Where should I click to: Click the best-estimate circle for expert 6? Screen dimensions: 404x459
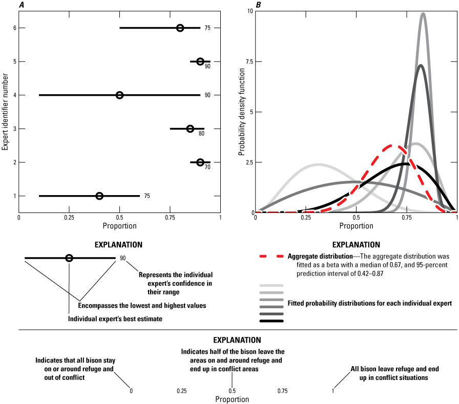pyautogui.click(x=180, y=28)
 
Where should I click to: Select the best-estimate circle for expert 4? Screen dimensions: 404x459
pyautogui.click(x=119, y=95)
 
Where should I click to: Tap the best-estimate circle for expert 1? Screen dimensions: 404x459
pyautogui.click(x=99, y=196)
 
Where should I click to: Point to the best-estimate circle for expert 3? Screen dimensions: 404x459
pyautogui.click(x=190, y=129)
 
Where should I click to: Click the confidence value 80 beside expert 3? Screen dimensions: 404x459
pyautogui.click(x=201, y=134)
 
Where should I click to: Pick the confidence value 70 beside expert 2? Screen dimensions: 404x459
pyautogui.click(x=207, y=167)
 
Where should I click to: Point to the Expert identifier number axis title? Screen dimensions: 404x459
pyautogui.click(x=5, y=112)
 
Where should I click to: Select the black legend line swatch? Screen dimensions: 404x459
pyautogui.click(x=271, y=322)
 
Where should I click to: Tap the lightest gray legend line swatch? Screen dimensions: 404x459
pyautogui.click(x=271, y=285)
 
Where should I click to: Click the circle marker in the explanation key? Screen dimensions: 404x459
pyautogui.click(x=69, y=258)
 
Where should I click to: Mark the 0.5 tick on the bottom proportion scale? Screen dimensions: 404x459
pyautogui.click(x=232, y=391)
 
